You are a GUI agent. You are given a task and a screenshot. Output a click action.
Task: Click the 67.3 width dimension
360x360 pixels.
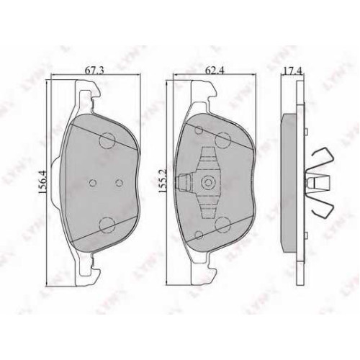[x=94, y=71]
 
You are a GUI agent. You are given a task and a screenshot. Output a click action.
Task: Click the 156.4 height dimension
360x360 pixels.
[x=43, y=182]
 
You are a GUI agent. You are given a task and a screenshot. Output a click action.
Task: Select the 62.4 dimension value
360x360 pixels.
[x=215, y=71]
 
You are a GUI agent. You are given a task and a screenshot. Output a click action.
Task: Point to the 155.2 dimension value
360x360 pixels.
[x=162, y=181]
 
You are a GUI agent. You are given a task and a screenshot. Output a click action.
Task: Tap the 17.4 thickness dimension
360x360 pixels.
[x=292, y=71]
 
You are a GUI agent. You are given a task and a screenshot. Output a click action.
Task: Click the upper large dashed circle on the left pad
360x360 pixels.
[x=107, y=140]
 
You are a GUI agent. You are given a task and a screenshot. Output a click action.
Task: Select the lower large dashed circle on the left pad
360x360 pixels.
[x=107, y=225]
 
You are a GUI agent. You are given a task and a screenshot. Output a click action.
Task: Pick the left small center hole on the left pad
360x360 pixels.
[x=93, y=183]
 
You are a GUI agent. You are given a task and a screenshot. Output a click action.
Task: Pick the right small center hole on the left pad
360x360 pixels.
[x=120, y=183]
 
